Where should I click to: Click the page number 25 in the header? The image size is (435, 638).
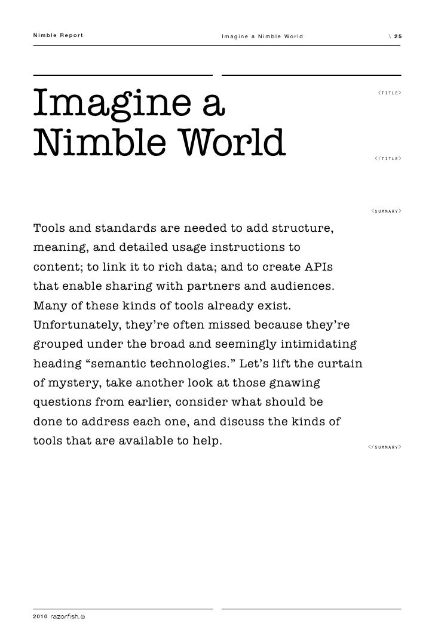[398, 36]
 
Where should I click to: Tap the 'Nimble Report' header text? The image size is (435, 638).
[58, 36]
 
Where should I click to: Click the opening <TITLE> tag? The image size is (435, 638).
[389, 93]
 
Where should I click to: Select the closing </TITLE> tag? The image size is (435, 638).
[387, 158]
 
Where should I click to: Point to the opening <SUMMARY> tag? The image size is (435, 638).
[385, 211]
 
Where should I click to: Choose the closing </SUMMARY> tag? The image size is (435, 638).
[384, 447]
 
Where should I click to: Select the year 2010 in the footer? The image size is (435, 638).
[40, 615]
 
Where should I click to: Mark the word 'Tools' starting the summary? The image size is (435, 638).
[49, 228]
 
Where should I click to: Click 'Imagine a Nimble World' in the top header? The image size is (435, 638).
[262, 36]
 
